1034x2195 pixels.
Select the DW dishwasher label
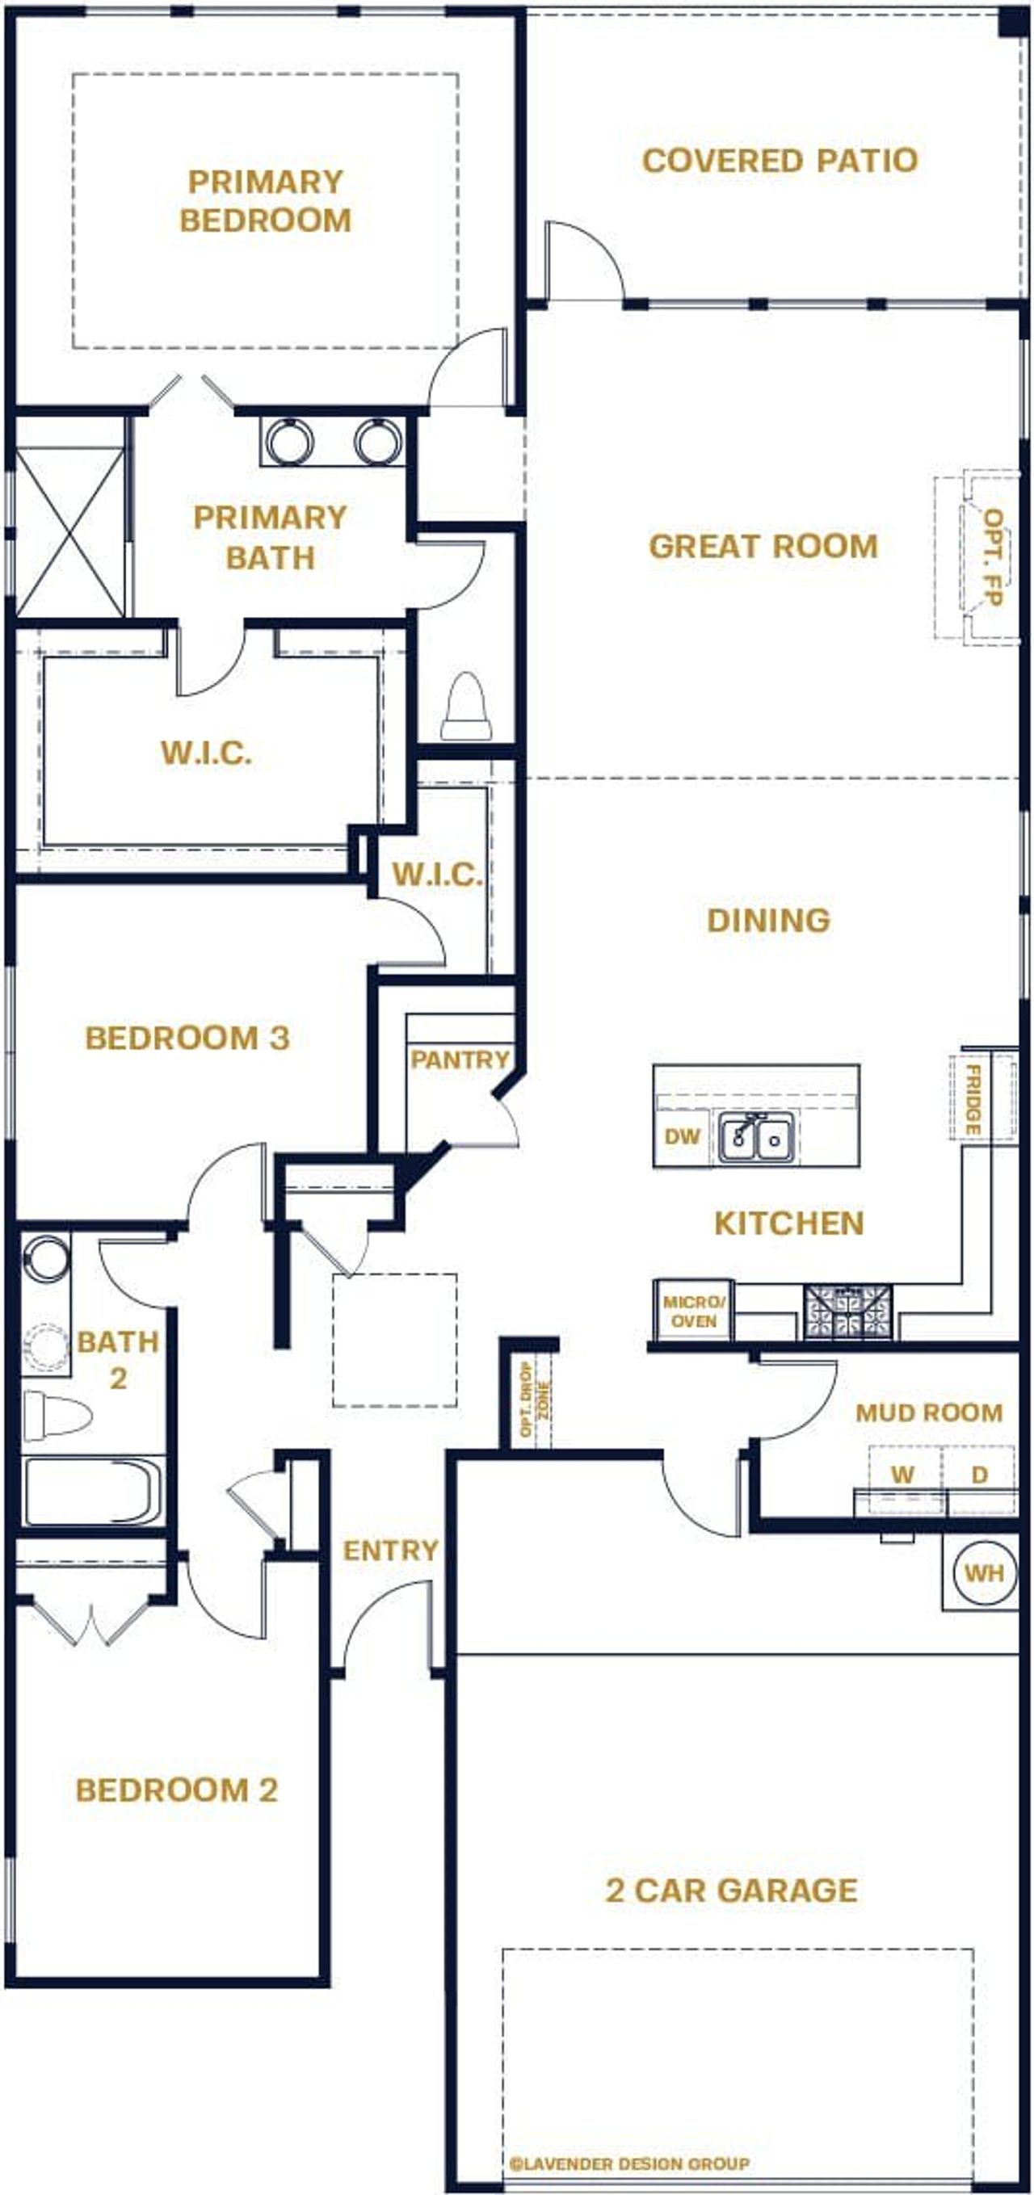(x=682, y=1135)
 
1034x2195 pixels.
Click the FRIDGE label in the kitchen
(x=973, y=1098)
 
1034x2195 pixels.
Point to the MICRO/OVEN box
(x=694, y=1312)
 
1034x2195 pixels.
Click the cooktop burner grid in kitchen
(x=848, y=1312)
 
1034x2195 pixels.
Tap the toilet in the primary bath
(x=465, y=707)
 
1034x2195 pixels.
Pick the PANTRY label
(x=460, y=1060)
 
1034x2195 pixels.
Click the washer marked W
(x=902, y=1473)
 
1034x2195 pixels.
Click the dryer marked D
(x=979, y=1473)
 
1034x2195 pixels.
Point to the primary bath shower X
(x=70, y=531)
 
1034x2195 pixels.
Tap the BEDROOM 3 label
(x=187, y=1037)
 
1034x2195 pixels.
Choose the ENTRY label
(x=390, y=1550)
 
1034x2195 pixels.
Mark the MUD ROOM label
(x=928, y=1412)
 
